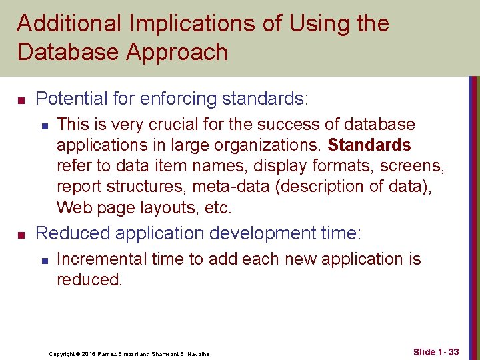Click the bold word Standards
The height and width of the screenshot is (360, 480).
coord(370,145)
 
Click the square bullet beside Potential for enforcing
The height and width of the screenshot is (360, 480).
coord(21,100)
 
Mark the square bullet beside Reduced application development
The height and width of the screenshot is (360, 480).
coord(21,235)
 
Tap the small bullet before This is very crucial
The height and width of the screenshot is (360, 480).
coord(44,125)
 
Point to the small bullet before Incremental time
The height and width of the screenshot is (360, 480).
coord(44,260)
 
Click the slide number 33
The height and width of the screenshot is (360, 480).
coord(453,351)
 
